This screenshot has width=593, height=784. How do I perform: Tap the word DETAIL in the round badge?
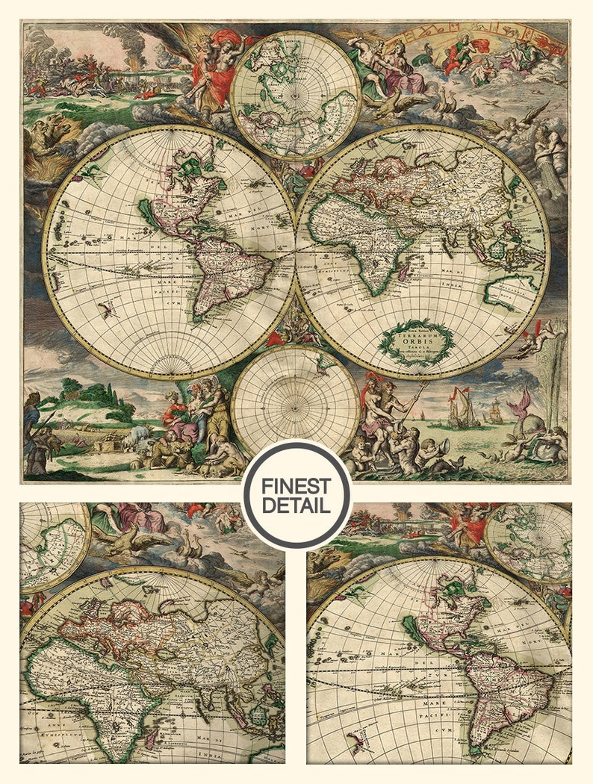click(296, 505)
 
